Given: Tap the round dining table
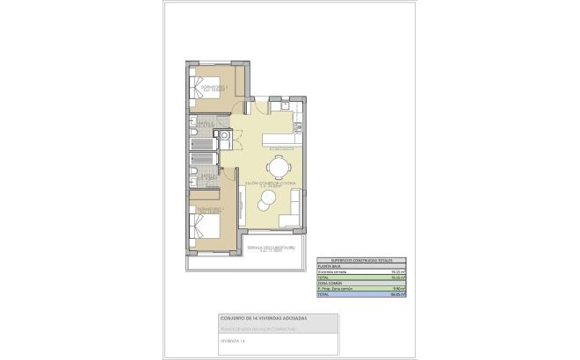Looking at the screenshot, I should [x=279, y=167].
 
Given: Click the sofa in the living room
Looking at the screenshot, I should [x=295, y=207].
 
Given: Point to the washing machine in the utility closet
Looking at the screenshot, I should [x=225, y=136].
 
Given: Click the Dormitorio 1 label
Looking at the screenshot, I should [x=209, y=209].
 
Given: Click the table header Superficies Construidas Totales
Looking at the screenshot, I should [x=356, y=261].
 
